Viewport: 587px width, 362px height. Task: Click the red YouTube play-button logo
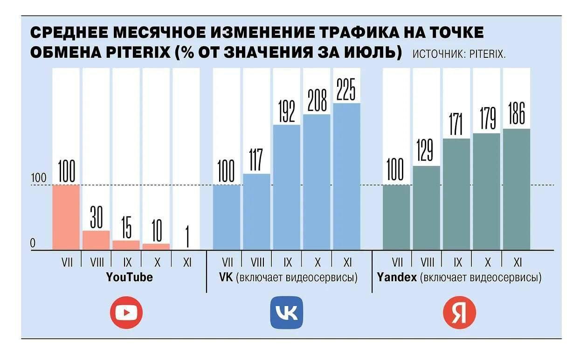[x=126, y=313]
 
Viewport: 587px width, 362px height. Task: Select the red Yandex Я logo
[x=459, y=313]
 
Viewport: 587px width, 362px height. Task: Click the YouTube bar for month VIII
[x=97, y=240]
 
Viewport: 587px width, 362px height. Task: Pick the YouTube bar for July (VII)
[x=66, y=217]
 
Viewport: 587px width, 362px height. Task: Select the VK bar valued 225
[x=346, y=176]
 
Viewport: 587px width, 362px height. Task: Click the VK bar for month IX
[x=286, y=187]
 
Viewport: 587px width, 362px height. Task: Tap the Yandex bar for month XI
[x=516, y=189]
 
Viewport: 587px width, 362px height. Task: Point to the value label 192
[x=287, y=111]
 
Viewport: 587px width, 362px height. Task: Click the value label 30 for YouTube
[x=97, y=217]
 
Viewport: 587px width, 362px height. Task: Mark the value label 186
[x=516, y=113]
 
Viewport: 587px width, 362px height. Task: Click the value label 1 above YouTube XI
[x=187, y=237]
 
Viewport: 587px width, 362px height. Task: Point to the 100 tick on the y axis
[x=39, y=178]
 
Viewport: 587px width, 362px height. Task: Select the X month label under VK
[x=317, y=262]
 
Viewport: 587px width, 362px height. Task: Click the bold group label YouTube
[x=129, y=278]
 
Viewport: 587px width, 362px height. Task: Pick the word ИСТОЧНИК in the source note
[x=437, y=55]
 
